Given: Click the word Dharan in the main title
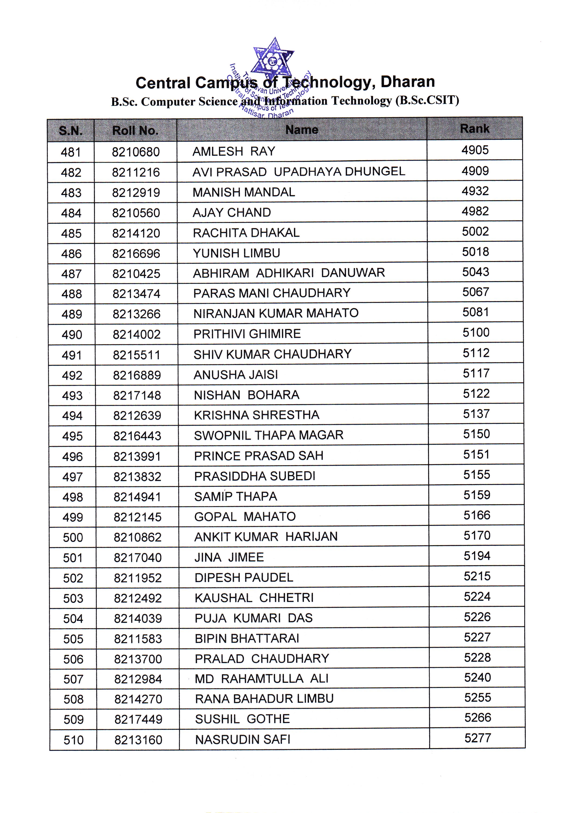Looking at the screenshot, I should [x=407, y=82].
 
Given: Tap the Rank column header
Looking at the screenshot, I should [x=475, y=129].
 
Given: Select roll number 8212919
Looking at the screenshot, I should [x=136, y=193].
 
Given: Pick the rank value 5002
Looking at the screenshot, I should [x=475, y=232].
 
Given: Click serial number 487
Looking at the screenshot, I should [x=72, y=274].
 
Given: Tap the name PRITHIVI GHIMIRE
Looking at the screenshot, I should [x=247, y=334].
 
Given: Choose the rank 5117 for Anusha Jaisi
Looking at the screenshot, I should [x=476, y=373].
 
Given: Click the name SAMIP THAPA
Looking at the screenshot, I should [x=236, y=496].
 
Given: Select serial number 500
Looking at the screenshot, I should [x=73, y=538].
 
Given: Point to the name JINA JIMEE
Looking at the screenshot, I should [x=229, y=557].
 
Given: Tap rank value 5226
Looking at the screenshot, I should [x=477, y=617].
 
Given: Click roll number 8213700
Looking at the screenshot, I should [x=138, y=659].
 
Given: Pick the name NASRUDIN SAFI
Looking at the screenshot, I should [x=243, y=739].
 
